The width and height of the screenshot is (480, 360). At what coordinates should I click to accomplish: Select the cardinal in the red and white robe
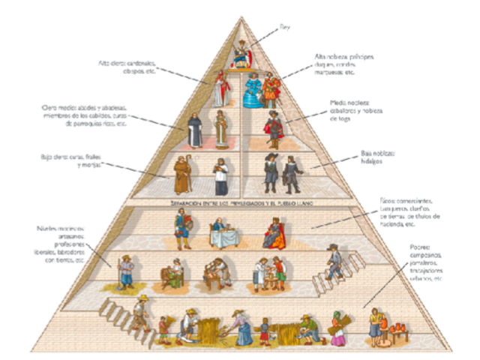(220, 88)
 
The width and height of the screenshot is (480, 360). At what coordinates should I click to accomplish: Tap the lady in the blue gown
(253, 91)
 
